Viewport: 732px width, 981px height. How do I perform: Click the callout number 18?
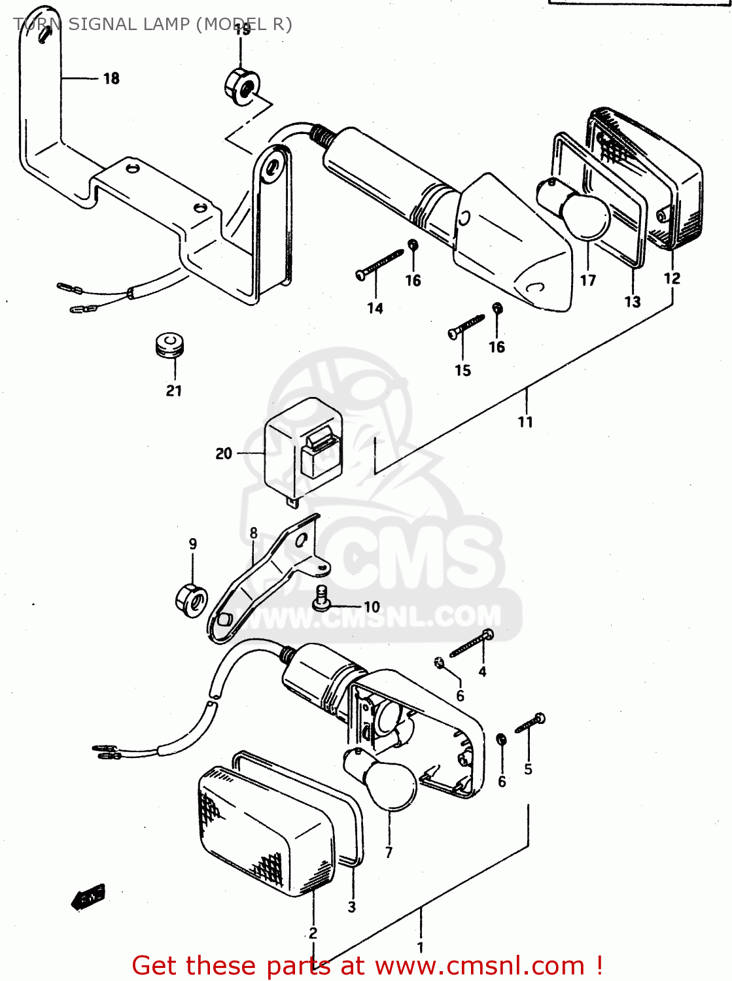(x=111, y=78)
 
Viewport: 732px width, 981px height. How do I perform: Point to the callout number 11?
(x=525, y=422)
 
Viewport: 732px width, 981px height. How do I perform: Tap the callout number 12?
(x=672, y=278)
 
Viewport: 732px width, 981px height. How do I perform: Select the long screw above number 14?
(x=380, y=264)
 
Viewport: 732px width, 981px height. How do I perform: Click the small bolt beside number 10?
(x=321, y=597)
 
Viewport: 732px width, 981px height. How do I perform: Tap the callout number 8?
(x=253, y=533)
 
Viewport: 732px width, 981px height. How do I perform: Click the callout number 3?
(x=351, y=907)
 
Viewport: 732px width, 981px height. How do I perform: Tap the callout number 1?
(x=420, y=947)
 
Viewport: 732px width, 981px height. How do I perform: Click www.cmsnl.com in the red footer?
(x=479, y=965)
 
